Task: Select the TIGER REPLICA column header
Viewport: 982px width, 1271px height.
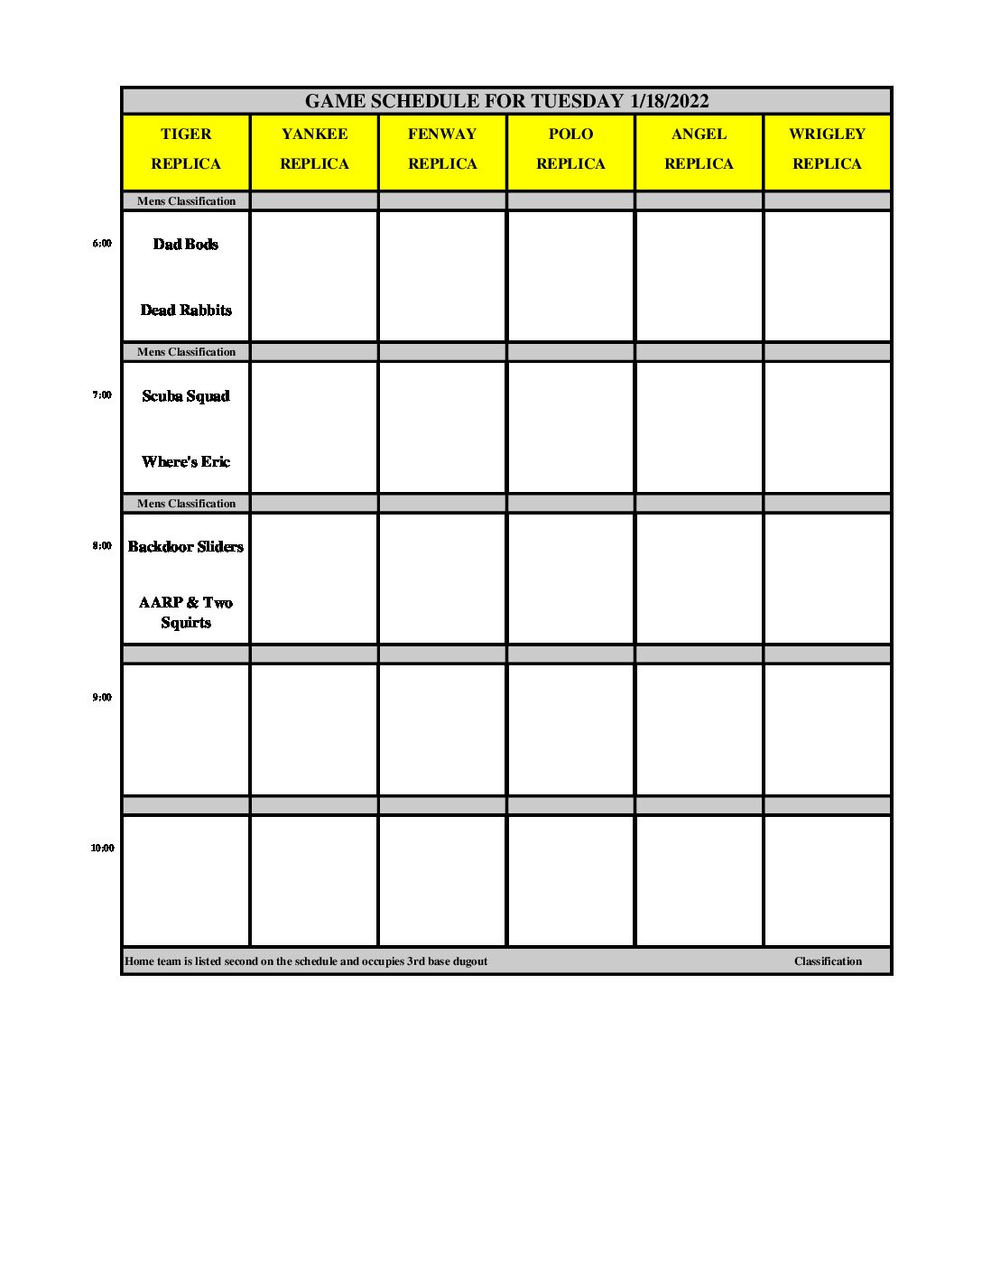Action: coord(186,149)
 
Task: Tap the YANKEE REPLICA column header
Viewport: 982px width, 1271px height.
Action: coord(314,149)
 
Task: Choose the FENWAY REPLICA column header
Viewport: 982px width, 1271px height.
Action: coord(442,149)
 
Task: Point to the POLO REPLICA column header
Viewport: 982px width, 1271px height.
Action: coord(570,149)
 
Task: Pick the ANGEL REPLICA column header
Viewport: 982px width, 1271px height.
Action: coord(699,149)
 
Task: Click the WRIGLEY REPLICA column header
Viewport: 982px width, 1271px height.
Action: coord(827,149)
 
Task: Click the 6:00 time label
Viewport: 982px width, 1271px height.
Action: coord(102,244)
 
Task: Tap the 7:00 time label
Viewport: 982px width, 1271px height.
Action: coord(102,395)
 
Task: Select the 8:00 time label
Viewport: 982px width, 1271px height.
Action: coord(102,546)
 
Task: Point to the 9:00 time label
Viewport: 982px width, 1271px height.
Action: coord(102,698)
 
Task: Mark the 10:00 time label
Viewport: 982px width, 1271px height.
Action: coord(102,849)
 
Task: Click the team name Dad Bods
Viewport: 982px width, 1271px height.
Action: coord(186,244)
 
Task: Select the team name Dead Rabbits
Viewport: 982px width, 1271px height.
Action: coord(186,311)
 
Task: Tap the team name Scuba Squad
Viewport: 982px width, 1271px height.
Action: coord(186,395)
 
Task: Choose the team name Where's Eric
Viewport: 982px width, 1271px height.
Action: coord(186,462)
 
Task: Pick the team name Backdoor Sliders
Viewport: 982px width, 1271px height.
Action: coord(186,547)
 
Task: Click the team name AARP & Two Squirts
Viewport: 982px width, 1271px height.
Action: coord(186,612)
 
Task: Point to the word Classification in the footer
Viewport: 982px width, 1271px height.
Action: coord(828,961)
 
